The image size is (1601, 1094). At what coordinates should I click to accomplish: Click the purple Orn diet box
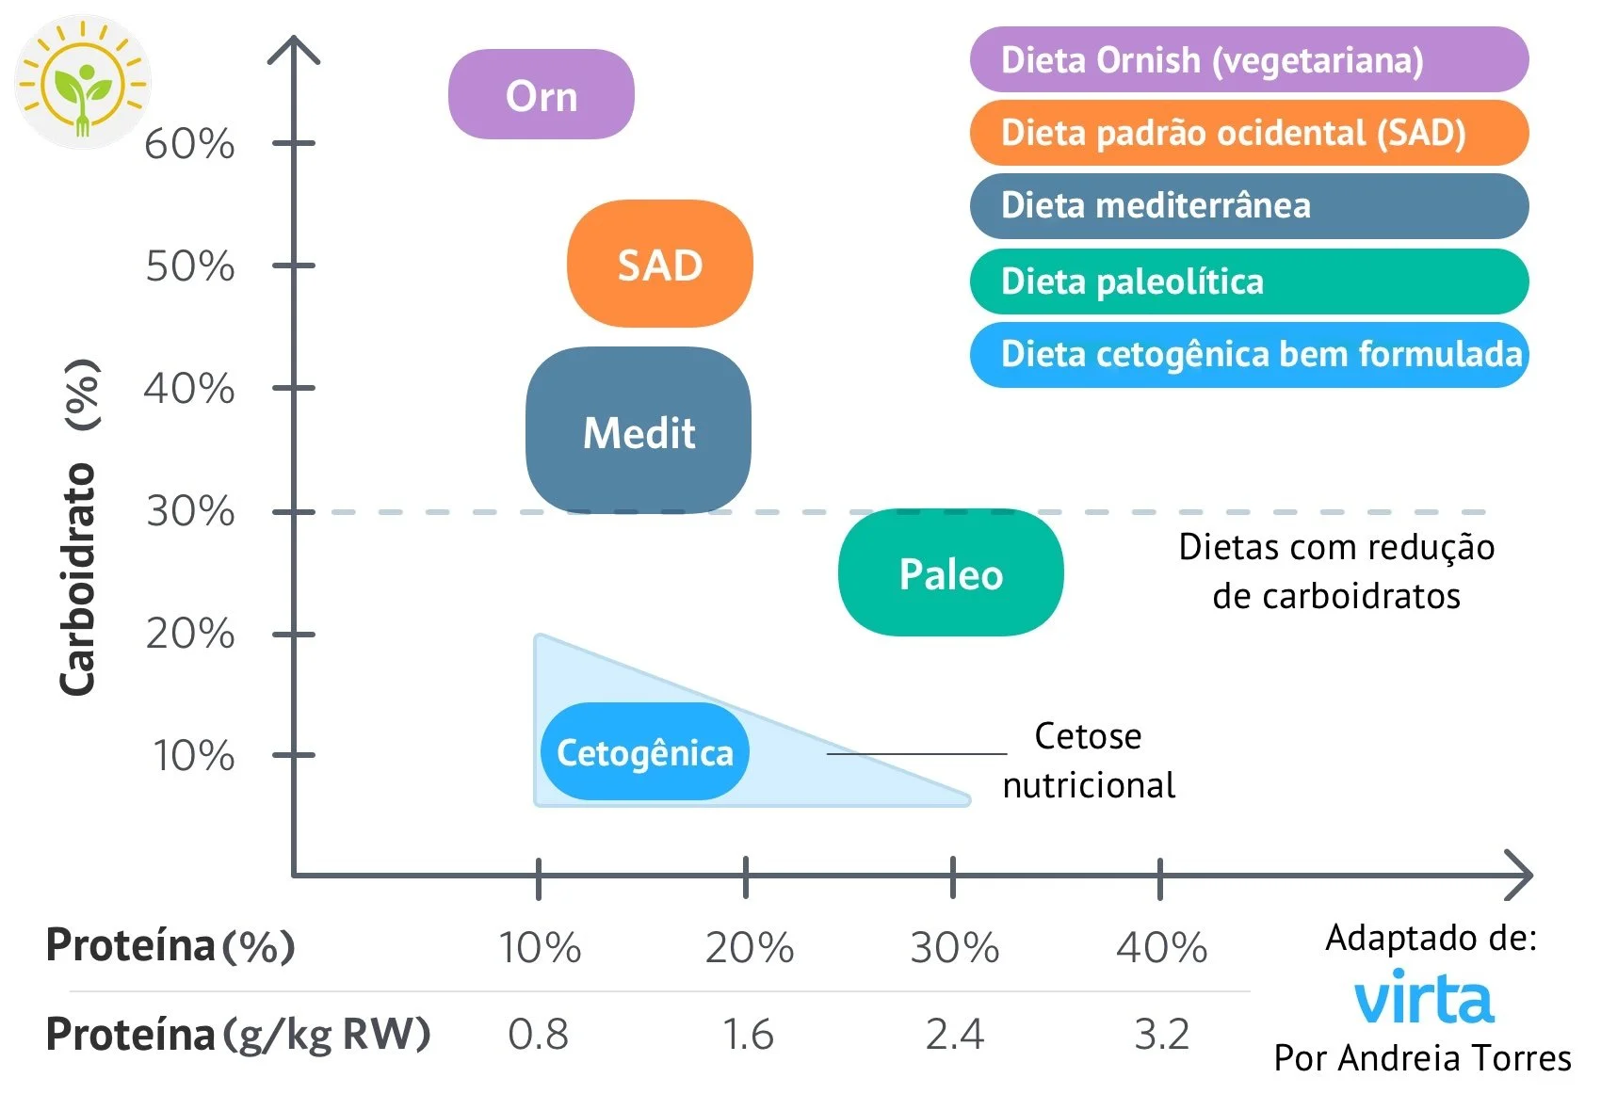point(541,95)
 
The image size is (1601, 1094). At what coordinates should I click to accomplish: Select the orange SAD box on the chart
point(659,265)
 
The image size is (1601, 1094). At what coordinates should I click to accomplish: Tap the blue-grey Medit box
point(639,431)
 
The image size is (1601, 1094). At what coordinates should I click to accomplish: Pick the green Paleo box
point(950,573)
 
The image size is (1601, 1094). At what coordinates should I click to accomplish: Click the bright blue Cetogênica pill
point(644,752)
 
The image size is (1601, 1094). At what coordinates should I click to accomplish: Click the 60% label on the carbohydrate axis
point(189,144)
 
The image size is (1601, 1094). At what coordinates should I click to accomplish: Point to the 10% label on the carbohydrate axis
point(193,755)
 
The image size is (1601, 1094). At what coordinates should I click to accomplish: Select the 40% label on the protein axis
point(1161,947)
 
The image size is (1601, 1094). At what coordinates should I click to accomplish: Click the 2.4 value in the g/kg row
point(954,1034)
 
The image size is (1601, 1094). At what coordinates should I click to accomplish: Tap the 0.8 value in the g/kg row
point(538,1034)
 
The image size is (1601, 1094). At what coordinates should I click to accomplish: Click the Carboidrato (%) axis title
point(80,527)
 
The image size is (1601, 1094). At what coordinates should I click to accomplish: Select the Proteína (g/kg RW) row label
point(237,1034)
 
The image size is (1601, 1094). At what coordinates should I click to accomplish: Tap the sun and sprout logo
point(83,82)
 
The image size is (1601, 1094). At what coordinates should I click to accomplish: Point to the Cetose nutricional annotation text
point(1088,760)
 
